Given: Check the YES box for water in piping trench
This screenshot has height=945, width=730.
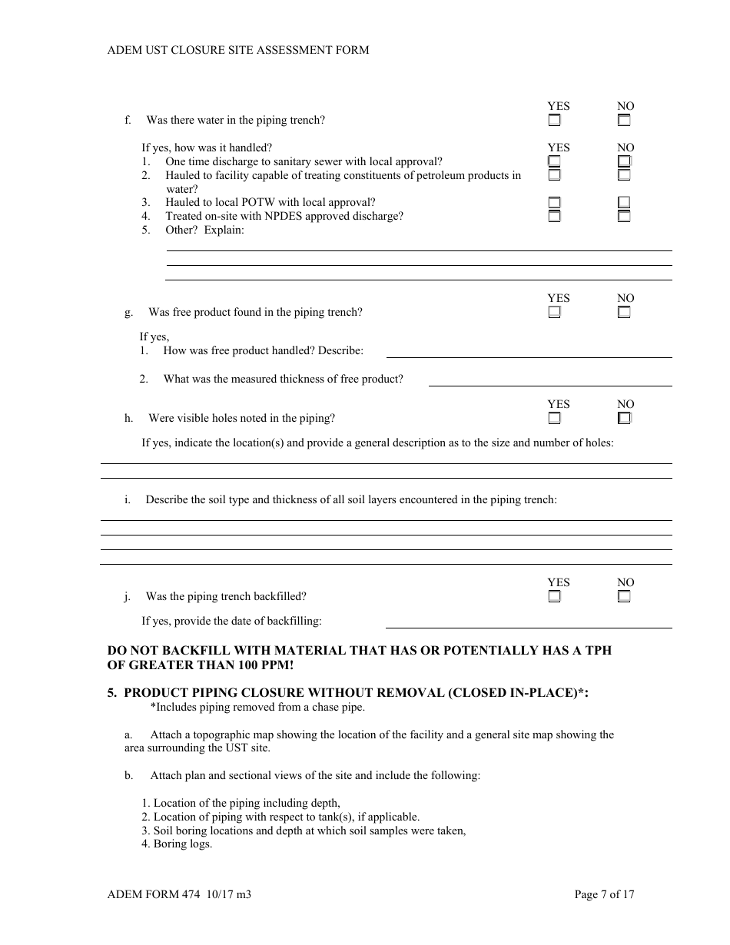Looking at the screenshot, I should (x=554, y=121).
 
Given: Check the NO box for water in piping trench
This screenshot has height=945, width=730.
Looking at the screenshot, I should (x=624, y=121).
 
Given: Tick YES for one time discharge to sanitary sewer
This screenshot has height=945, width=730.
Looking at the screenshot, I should (x=554, y=161).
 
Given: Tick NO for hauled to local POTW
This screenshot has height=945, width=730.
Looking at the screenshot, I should (x=624, y=203).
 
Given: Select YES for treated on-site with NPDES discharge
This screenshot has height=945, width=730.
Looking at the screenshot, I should (x=554, y=217).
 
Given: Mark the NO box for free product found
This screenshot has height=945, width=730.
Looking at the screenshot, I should (x=624, y=313).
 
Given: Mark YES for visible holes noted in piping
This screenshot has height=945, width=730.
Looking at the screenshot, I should (x=554, y=419).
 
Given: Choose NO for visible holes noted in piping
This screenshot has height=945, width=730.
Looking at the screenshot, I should (x=624, y=419).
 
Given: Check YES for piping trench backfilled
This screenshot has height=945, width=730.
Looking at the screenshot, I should (x=554, y=597).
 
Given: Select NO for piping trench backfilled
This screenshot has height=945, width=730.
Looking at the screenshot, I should (x=624, y=597).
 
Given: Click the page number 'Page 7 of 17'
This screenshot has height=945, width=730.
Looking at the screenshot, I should (x=604, y=894).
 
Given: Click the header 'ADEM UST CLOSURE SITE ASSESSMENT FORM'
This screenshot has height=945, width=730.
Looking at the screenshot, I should (x=238, y=50).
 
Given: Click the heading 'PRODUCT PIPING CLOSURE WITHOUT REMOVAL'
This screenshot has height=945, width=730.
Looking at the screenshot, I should (x=284, y=692).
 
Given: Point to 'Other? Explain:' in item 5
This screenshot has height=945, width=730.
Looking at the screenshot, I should (x=204, y=230).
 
